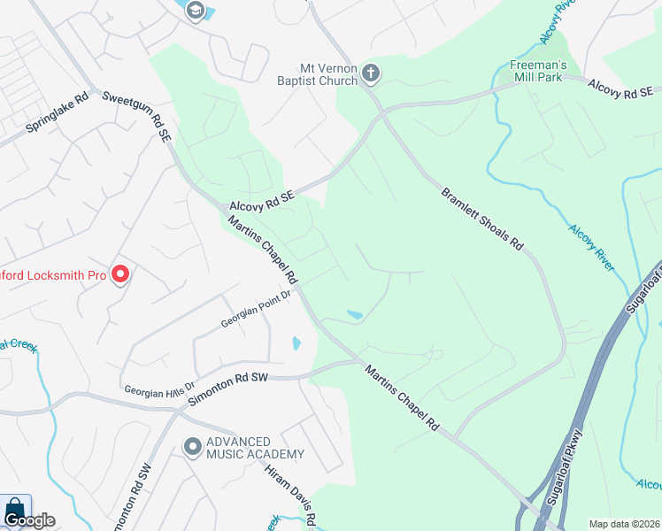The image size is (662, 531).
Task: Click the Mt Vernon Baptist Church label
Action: pos(327,73)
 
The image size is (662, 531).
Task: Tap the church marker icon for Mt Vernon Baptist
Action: pos(371,73)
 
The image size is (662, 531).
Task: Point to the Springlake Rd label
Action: pos(57,114)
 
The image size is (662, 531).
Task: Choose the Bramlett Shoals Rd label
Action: pos(482,219)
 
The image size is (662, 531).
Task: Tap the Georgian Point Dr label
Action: pos(256,311)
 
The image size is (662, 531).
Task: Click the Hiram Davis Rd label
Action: pos(289,489)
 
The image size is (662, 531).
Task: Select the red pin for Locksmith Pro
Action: pos(120,274)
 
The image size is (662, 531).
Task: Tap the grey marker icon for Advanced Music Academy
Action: pos(192,448)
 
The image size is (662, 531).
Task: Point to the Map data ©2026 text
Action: pos(624,524)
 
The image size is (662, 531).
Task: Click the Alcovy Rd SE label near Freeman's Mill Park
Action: pos(620,88)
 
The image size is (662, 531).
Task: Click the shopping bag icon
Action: pos(15,510)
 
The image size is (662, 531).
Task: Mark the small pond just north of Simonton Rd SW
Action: pos(296,343)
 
